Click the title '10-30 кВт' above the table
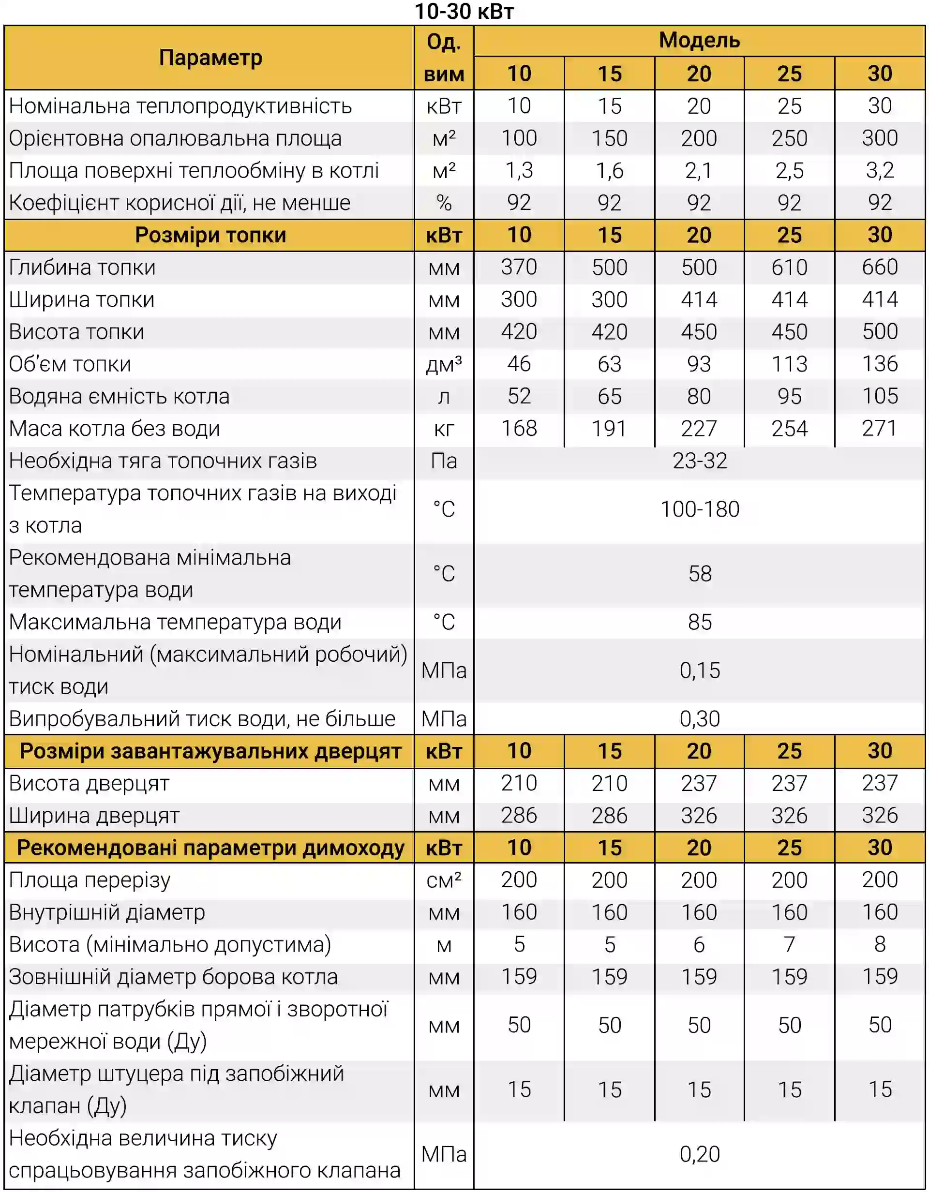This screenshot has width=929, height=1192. click(x=464, y=12)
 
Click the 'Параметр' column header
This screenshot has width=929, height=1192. click(x=210, y=57)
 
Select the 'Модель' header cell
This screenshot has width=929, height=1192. click(x=699, y=40)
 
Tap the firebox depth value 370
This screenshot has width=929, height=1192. click(x=519, y=268)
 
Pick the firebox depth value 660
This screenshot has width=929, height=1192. click(x=879, y=268)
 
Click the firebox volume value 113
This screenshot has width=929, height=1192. click(x=789, y=364)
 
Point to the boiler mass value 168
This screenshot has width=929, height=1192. click(x=519, y=429)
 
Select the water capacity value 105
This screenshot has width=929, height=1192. click(x=879, y=396)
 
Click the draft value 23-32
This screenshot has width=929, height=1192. click(x=699, y=461)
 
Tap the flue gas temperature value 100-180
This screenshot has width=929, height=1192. click(x=699, y=509)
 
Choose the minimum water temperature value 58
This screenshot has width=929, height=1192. click(x=699, y=574)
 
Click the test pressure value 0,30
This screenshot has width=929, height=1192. click(x=699, y=719)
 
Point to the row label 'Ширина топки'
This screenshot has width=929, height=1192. click(x=82, y=299)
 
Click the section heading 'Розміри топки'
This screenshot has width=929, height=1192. click(x=210, y=235)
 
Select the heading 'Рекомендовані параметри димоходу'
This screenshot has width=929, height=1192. click(x=210, y=848)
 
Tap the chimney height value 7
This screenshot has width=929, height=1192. click(x=789, y=945)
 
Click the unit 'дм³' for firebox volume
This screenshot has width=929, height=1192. click(x=444, y=364)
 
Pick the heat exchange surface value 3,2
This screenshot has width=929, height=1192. click(x=879, y=171)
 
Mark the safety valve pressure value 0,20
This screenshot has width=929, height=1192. click(x=699, y=1154)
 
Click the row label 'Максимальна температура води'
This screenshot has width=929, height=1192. click(x=175, y=622)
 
